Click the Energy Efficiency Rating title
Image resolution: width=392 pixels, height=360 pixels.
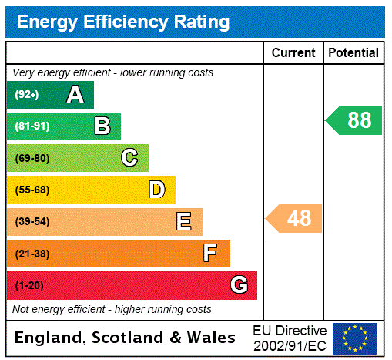point(123,22)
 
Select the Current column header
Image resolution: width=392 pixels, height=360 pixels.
point(293,53)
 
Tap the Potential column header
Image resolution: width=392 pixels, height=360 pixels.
point(353,53)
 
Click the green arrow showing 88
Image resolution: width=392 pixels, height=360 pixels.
point(355,120)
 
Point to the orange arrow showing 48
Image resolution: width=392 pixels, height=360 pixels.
point(296,218)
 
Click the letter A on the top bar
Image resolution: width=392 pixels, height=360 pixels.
point(75,95)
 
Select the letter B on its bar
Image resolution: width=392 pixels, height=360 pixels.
point(102,126)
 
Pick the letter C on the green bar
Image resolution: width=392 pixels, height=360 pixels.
point(129,158)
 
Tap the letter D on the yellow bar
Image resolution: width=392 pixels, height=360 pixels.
point(156,190)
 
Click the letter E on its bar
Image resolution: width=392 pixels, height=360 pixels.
point(184,222)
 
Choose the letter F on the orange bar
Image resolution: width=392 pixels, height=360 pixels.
point(210,254)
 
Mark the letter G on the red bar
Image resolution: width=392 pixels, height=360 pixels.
point(240,285)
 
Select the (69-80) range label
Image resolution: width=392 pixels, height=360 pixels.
point(32,158)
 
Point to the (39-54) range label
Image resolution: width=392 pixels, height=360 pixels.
point(32,222)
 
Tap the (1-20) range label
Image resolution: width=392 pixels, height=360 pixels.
point(29,285)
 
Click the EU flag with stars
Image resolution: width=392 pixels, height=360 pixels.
point(355,338)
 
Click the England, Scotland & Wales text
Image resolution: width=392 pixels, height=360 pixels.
point(126,338)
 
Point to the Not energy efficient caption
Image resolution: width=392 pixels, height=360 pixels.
point(112,309)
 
